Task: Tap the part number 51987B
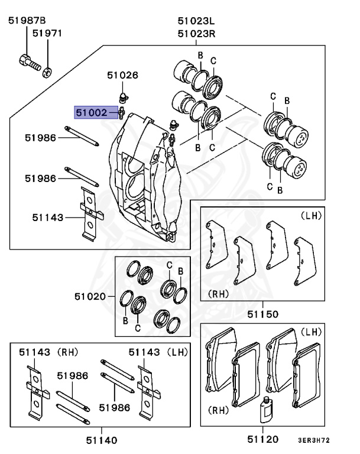[x=27, y=21]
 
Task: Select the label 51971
[x=47, y=34]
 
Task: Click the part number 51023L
[x=196, y=21]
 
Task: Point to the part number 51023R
[x=196, y=34]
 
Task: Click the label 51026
[x=122, y=75]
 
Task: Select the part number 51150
[x=262, y=314]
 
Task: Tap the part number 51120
[x=262, y=439]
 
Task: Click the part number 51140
[x=101, y=440]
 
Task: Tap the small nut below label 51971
[x=47, y=71]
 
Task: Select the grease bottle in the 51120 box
[x=265, y=410]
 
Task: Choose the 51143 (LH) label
[x=158, y=352]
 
